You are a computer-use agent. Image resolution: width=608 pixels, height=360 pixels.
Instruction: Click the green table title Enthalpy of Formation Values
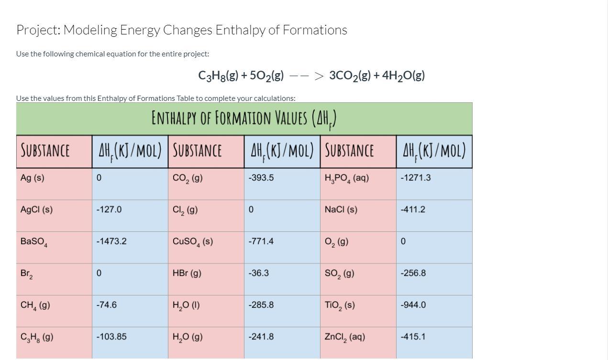click(244, 118)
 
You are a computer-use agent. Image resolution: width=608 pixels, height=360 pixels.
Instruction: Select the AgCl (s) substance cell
click(37, 209)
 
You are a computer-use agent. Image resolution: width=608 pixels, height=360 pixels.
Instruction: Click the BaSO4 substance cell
click(34, 242)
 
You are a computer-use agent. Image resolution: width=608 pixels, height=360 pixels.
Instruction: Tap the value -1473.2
click(111, 241)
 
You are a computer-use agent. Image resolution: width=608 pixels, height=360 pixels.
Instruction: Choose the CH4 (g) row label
click(35, 305)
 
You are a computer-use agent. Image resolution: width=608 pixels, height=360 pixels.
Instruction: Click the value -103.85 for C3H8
click(111, 337)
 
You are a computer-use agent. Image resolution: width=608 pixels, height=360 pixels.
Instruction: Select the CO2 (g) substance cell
click(188, 178)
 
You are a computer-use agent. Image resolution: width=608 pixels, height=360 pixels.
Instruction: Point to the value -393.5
click(261, 178)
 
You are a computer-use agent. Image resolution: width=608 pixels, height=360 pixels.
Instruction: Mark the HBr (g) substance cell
click(187, 273)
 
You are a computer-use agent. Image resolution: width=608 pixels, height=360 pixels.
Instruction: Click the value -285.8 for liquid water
click(261, 305)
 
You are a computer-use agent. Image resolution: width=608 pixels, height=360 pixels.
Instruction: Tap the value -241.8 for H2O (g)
click(261, 337)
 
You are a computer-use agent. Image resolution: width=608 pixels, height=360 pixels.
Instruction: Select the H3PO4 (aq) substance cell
click(347, 178)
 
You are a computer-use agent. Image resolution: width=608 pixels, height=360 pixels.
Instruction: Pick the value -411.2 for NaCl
click(413, 209)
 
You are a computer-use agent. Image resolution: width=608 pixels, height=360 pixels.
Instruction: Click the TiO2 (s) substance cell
click(340, 305)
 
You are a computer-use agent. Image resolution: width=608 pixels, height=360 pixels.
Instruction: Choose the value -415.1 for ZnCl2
click(413, 337)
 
